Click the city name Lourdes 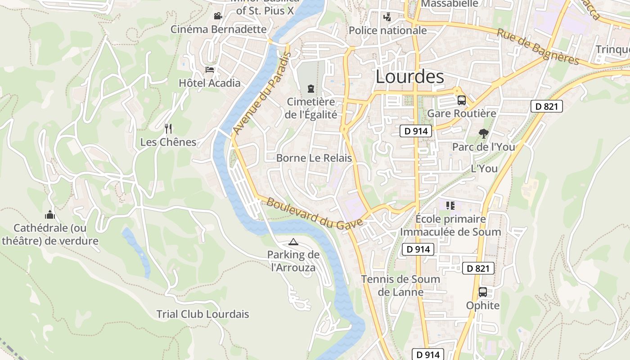point(409,76)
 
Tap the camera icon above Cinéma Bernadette point(218,16)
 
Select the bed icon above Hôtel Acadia point(210,70)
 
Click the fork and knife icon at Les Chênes point(168,129)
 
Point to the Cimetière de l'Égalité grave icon point(310,88)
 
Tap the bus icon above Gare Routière point(461,100)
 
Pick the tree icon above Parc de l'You point(484,134)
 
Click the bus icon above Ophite point(483,292)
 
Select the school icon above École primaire point(450,206)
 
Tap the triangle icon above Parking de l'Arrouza point(293,242)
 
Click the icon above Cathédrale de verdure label point(49,215)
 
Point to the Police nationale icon point(387,17)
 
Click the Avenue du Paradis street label point(262,93)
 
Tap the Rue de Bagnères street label point(538,47)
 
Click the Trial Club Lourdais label point(202,314)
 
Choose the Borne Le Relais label point(314,158)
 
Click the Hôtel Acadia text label point(210,83)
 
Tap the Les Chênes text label point(168,142)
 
